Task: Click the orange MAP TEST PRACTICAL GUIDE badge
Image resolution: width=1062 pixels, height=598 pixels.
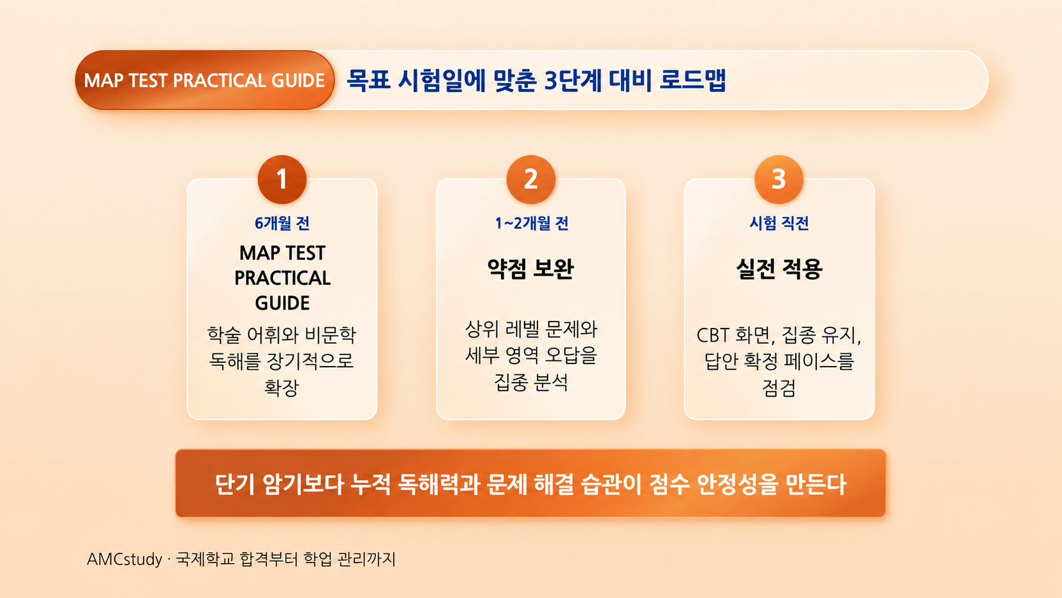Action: (x=205, y=80)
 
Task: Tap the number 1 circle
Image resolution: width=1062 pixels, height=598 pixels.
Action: (x=282, y=179)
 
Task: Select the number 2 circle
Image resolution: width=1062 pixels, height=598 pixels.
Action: (x=530, y=179)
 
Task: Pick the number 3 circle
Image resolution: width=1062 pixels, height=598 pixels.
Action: (x=779, y=179)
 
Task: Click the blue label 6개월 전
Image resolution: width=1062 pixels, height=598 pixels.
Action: (x=282, y=223)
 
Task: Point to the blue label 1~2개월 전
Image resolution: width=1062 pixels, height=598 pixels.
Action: (x=532, y=223)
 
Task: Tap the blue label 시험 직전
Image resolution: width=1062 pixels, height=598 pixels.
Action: (x=779, y=223)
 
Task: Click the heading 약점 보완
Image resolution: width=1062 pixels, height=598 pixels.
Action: (x=530, y=268)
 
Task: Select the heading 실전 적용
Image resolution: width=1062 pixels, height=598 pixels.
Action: (x=779, y=268)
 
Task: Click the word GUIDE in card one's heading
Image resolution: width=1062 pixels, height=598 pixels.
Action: (x=282, y=303)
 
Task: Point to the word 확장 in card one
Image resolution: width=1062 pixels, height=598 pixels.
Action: (x=281, y=388)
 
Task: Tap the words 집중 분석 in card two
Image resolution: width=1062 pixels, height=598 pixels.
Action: (x=530, y=382)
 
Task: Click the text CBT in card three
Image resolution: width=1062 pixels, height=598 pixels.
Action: (x=713, y=336)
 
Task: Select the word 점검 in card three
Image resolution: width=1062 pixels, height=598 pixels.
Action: (x=779, y=388)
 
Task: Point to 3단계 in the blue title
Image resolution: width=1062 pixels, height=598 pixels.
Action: (x=573, y=80)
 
